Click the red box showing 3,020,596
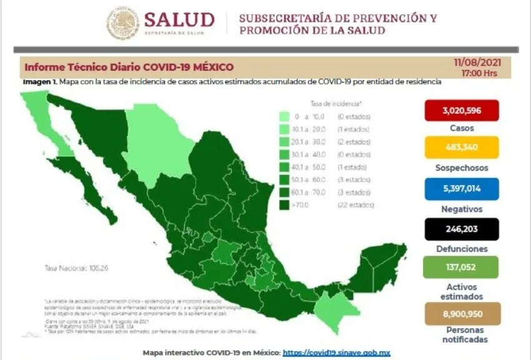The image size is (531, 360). tap(461, 111)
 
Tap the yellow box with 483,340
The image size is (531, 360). tap(461, 148)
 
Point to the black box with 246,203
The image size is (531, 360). tap(461, 229)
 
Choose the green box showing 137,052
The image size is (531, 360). tap(461, 267)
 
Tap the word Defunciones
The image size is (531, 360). tap(461, 249)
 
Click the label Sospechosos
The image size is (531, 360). tap(461, 168)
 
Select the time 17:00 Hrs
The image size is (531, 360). tap(479, 72)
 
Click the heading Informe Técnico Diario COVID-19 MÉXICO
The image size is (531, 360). tap(129, 67)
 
